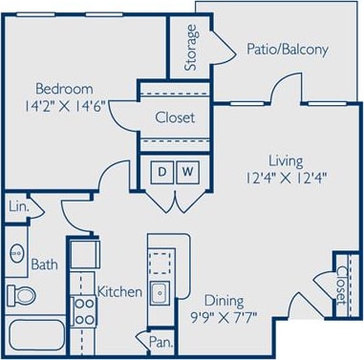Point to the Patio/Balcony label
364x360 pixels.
click(287, 50)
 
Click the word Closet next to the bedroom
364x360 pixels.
click(175, 117)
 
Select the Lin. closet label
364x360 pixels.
click(17, 206)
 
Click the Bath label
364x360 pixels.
click(44, 265)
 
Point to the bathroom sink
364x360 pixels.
click(17, 254)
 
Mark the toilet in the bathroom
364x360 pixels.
click(18, 294)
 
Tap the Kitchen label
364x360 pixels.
click(120, 291)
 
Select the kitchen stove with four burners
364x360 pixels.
click(84, 308)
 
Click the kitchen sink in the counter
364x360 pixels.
click(161, 292)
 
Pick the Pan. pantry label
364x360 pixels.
click(160, 340)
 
